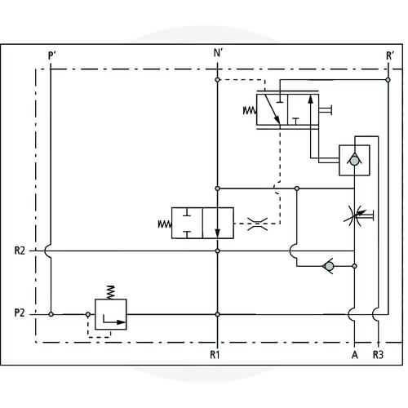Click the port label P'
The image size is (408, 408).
point(51,55)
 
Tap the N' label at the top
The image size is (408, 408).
point(218,53)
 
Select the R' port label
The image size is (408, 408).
point(390,55)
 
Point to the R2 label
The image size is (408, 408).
point(20,251)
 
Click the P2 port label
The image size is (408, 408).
point(20,313)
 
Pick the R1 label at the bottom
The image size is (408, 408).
point(215,354)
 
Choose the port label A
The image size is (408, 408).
point(355,355)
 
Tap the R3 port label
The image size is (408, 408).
point(378,355)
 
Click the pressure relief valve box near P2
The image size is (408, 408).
point(111,314)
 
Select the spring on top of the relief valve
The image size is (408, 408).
point(110,293)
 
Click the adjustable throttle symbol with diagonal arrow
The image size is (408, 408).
point(358,215)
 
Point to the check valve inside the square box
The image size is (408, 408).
point(354,160)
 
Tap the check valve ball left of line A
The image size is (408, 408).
point(328,266)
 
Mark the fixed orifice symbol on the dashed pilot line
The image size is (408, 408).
point(257,224)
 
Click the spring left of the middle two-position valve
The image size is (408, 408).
point(165,224)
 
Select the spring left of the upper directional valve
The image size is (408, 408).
point(250,111)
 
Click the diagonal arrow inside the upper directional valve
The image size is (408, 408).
point(272,109)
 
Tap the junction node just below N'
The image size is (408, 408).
point(217,80)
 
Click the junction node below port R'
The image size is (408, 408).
point(388,80)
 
